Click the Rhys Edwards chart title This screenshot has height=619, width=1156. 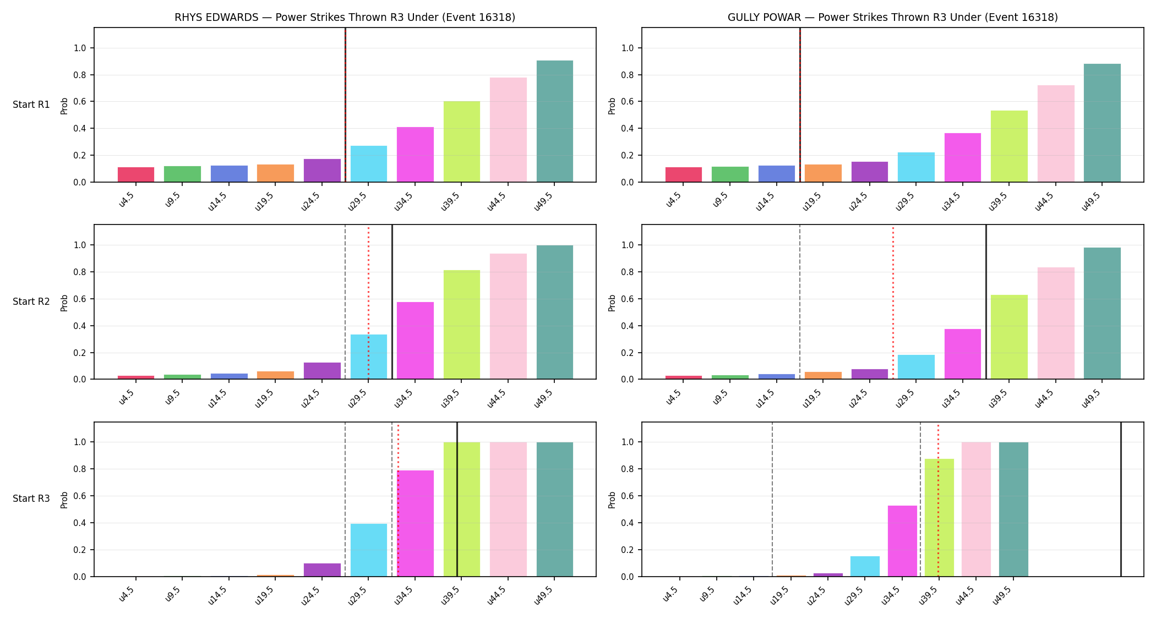(345, 17)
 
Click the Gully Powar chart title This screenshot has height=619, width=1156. (892, 17)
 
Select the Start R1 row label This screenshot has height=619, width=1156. (31, 105)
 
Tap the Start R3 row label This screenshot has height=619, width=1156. (31, 499)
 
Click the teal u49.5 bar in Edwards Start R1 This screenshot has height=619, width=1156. (555, 121)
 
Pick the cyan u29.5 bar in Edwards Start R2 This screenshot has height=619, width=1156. (369, 357)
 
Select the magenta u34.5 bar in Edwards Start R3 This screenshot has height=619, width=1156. (415, 523)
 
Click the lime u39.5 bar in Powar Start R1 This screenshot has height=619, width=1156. (1009, 146)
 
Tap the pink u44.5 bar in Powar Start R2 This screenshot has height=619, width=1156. (1056, 323)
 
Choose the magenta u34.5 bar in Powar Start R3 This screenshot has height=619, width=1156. (902, 541)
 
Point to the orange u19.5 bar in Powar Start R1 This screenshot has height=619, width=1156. (823, 173)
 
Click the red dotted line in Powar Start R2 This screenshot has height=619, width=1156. (893, 302)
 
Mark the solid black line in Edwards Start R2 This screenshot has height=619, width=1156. (392, 302)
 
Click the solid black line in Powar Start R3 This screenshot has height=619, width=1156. (1121, 499)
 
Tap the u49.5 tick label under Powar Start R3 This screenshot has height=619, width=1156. (1002, 595)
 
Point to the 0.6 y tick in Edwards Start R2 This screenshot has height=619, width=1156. (80, 299)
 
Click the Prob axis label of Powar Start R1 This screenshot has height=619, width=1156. (612, 106)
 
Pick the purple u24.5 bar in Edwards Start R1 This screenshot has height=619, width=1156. (322, 171)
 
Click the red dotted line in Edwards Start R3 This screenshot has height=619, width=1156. (398, 499)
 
